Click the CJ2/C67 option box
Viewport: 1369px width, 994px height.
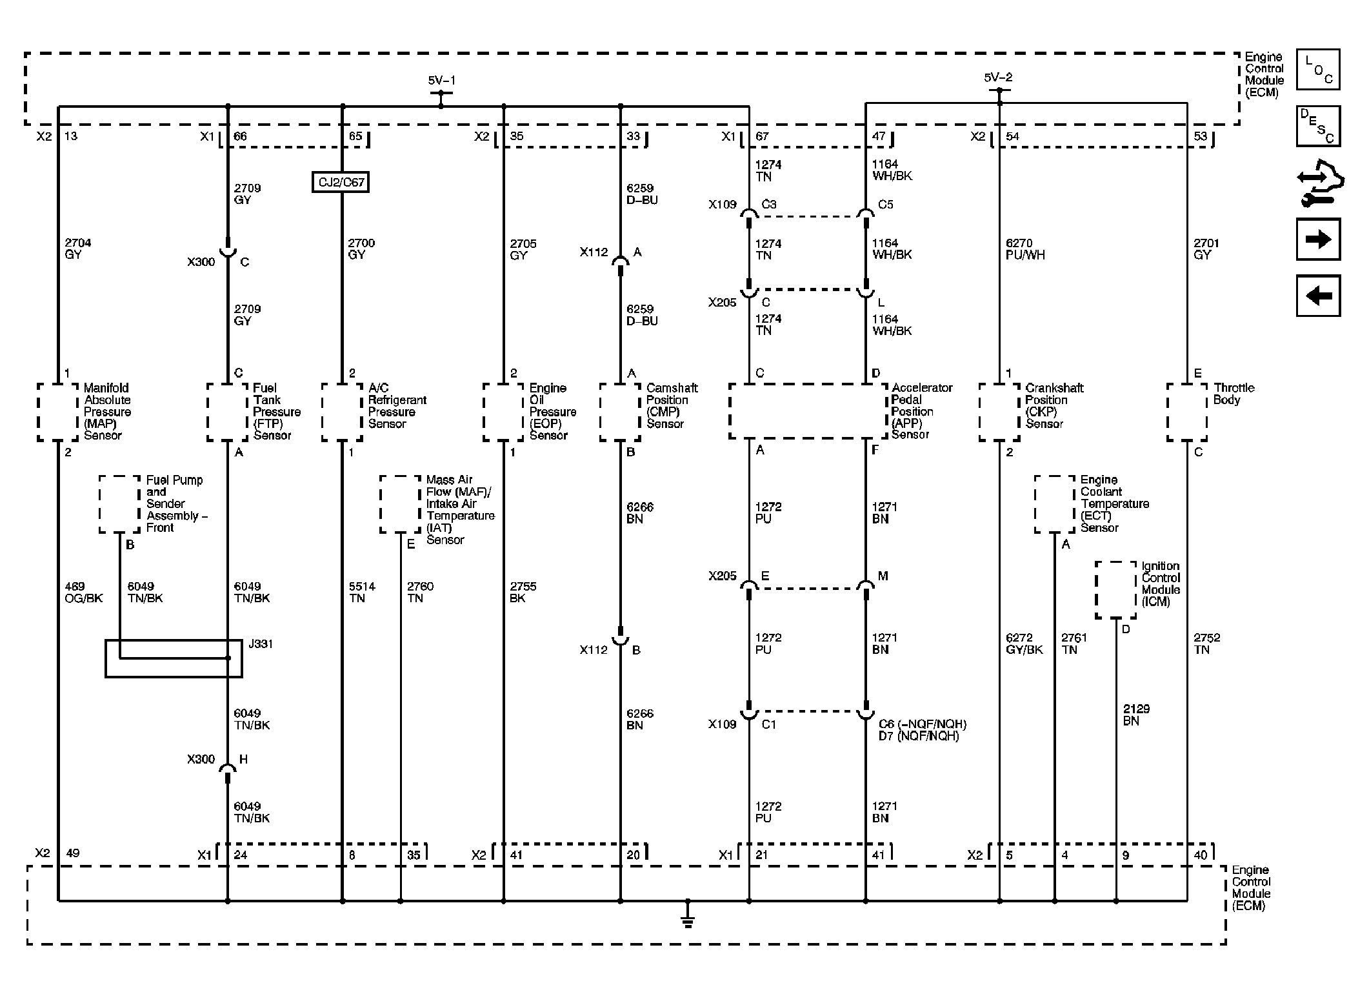click(341, 182)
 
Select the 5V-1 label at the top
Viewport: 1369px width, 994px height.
click(441, 81)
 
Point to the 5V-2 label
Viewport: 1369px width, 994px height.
click(998, 77)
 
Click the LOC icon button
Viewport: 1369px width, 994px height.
click(1318, 69)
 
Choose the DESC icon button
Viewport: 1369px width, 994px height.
click(1318, 126)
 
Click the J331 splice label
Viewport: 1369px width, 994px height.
click(261, 644)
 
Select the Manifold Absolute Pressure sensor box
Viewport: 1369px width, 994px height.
click(57, 412)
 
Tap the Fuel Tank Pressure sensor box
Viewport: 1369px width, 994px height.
click(227, 412)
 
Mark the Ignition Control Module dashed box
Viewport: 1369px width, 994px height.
click(1115, 590)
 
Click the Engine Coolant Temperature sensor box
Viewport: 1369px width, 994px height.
click(1055, 504)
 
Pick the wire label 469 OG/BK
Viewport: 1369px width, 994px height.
click(83, 593)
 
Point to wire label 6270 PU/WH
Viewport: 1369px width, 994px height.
click(1025, 249)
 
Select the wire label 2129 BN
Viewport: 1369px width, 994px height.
click(1135, 715)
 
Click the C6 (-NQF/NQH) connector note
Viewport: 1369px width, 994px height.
click(923, 724)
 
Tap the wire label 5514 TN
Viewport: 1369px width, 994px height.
click(361, 593)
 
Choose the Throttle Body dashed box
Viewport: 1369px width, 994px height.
click(1186, 412)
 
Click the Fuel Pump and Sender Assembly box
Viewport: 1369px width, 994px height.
click(119, 504)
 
